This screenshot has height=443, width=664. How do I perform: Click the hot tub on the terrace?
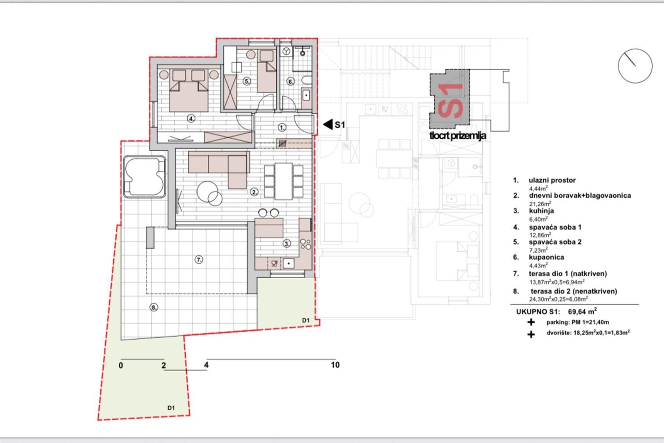(144, 177)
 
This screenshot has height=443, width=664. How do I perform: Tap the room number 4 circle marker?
(191, 119)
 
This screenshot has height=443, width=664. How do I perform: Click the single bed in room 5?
(266, 71)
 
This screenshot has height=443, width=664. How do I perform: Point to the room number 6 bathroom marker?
(290, 81)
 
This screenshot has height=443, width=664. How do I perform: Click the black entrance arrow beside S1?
(328, 125)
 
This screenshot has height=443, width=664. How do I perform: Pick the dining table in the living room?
(284, 181)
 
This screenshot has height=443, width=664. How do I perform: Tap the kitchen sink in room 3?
(288, 263)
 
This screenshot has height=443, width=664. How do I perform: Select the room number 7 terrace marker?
(199, 260)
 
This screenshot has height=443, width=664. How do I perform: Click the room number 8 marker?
(154, 308)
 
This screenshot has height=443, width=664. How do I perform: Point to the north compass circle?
(635, 66)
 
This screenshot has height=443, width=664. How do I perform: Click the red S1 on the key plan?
(450, 101)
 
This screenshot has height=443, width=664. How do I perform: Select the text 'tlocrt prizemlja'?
(458, 136)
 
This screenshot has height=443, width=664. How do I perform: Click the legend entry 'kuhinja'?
(541, 211)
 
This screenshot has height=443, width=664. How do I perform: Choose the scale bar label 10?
(335, 365)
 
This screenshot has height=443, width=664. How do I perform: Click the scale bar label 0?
(121, 365)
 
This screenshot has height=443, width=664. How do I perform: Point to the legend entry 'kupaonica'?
(546, 257)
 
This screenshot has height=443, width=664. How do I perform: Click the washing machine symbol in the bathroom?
(286, 51)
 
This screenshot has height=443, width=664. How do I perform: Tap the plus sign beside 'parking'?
(531, 322)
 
